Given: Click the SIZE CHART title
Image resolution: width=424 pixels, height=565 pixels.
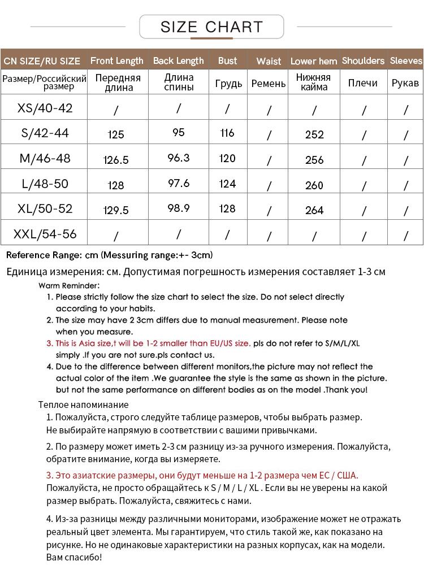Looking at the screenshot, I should coord(211,27).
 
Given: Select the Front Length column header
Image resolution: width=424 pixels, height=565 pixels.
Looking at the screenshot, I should coord(117,60).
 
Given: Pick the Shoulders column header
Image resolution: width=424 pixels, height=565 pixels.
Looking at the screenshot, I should coord(363,60).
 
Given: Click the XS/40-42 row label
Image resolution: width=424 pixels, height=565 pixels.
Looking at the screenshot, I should coord(45,108).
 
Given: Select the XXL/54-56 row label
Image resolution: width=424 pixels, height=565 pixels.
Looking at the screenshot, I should coord(45,233).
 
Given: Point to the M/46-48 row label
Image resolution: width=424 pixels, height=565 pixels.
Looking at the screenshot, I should coord(45,158).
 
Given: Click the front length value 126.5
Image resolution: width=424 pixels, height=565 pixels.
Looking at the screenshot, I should coord(116,160).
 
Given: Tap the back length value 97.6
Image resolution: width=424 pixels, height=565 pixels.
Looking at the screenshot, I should coord(179,184).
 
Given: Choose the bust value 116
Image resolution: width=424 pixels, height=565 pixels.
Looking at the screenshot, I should coord(227,133).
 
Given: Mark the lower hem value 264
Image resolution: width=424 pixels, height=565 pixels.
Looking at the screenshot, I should coord(314,210).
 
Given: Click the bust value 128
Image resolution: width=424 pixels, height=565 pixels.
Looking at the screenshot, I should coord(227,208).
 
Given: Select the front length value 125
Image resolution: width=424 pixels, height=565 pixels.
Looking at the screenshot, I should coord(116,134).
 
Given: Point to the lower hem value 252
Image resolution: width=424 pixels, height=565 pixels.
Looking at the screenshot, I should coord(314,134).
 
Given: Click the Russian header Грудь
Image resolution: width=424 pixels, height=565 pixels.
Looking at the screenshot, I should coord(228,84).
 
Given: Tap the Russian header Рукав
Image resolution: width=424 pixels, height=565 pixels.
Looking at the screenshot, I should coord(405,83).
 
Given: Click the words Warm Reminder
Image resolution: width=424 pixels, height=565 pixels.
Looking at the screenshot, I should coord(69,286).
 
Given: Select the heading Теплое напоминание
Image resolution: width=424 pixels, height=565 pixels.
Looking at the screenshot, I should coord(84,405).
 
